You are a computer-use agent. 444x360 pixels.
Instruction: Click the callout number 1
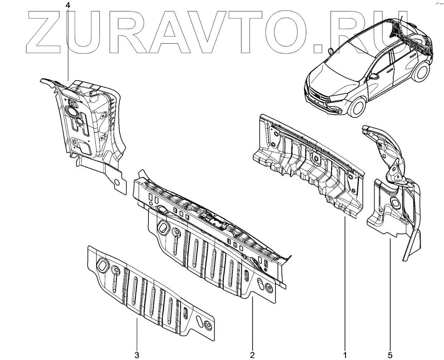point(345,355)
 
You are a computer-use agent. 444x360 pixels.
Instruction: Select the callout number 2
point(252,355)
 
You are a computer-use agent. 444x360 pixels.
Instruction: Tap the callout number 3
point(137,355)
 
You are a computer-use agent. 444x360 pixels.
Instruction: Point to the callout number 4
point(68,5)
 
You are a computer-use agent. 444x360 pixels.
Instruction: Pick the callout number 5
point(390,355)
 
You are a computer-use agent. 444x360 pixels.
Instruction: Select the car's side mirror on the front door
point(374,77)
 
